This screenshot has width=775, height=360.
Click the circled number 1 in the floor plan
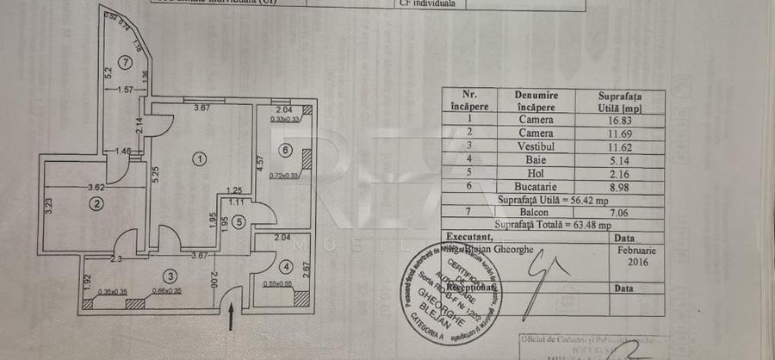coord(199,158)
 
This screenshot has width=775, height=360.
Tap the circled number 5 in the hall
coord(239,221)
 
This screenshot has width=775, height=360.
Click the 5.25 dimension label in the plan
coord(156,175)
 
